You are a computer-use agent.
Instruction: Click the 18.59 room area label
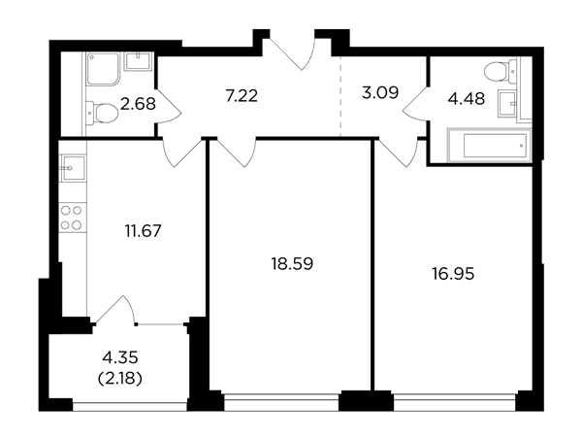pyautogui.click(x=293, y=264)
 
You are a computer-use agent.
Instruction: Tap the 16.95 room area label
pyautogui.click(x=453, y=274)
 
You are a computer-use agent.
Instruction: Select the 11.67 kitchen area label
pyautogui.click(x=143, y=231)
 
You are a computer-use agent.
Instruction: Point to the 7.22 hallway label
pyautogui.click(x=242, y=96)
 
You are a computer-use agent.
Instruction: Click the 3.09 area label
pyautogui.click(x=380, y=92)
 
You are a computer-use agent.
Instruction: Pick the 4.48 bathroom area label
pyautogui.click(x=467, y=99)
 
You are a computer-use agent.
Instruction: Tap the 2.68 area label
pyautogui.click(x=138, y=104)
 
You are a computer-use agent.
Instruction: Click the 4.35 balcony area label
pyautogui.click(x=120, y=358)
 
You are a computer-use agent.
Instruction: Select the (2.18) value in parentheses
pyautogui.click(x=120, y=379)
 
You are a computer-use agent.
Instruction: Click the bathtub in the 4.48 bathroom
pyautogui.click(x=490, y=146)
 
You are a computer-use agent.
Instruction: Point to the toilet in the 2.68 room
pyautogui.click(x=101, y=113)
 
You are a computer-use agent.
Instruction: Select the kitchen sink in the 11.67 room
pyautogui.click(x=74, y=168)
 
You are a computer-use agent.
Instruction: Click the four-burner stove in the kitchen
pyautogui.click(x=72, y=218)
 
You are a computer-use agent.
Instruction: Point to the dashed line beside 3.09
pyautogui.click(x=340, y=96)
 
